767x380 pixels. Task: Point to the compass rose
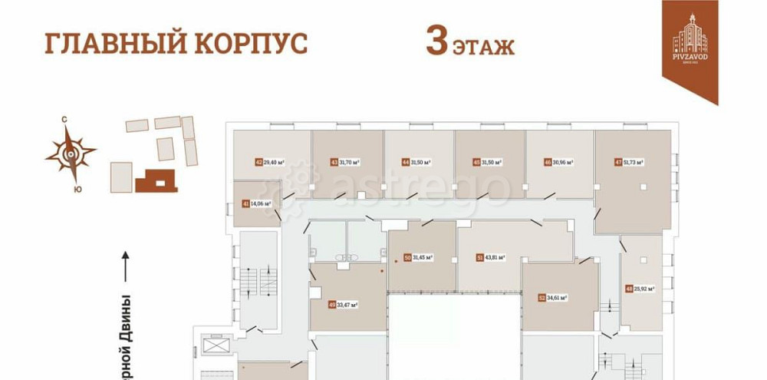pos(71,153)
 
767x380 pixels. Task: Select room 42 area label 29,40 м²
pos(270,162)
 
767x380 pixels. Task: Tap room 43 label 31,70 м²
pos(345,162)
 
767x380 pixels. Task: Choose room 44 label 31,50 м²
pos(417,162)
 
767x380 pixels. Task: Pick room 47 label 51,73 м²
pos(630,162)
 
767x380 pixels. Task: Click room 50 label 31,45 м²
pos(419,257)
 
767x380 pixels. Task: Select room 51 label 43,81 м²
pos(490,257)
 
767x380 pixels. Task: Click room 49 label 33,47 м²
pos(344,305)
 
